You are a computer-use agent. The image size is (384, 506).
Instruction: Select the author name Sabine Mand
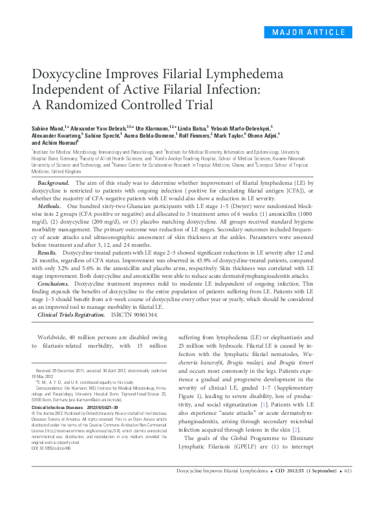[x=48, y=129]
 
